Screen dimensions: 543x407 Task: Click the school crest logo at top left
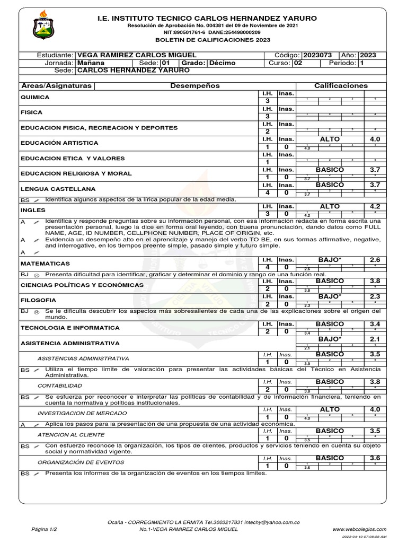[x=47, y=24]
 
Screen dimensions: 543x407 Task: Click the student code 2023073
[x=317, y=55]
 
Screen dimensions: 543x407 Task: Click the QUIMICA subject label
[x=35, y=98]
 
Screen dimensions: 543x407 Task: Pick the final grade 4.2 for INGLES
[x=375, y=207]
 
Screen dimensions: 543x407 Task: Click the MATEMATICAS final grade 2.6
[x=375, y=260]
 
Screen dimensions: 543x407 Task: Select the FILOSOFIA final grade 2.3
[x=375, y=297]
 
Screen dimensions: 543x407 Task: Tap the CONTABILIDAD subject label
[x=59, y=386]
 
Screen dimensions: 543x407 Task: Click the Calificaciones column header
[x=341, y=85]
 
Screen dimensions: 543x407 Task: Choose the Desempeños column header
[x=195, y=85]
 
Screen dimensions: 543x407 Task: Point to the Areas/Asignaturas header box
[x=56, y=85]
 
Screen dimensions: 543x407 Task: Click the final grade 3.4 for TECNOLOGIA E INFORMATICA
[x=375, y=324]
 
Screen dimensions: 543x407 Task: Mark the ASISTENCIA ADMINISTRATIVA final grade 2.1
[x=375, y=339]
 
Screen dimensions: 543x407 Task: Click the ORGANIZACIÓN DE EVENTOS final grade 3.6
[x=375, y=458]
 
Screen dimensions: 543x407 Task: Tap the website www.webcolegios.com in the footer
[x=359, y=529]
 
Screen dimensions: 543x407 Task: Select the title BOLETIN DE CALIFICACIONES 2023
[x=212, y=40]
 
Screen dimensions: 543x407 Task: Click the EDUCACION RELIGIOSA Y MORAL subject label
[x=76, y=173]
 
